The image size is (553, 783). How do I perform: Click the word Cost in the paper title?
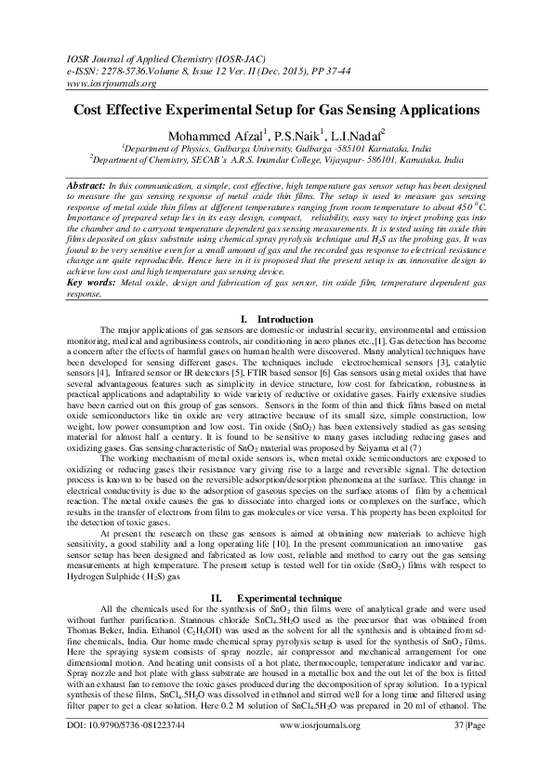click(93, 109)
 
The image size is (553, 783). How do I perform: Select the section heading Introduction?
click(284, 320)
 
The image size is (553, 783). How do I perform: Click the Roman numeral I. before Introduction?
click(243, 320)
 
